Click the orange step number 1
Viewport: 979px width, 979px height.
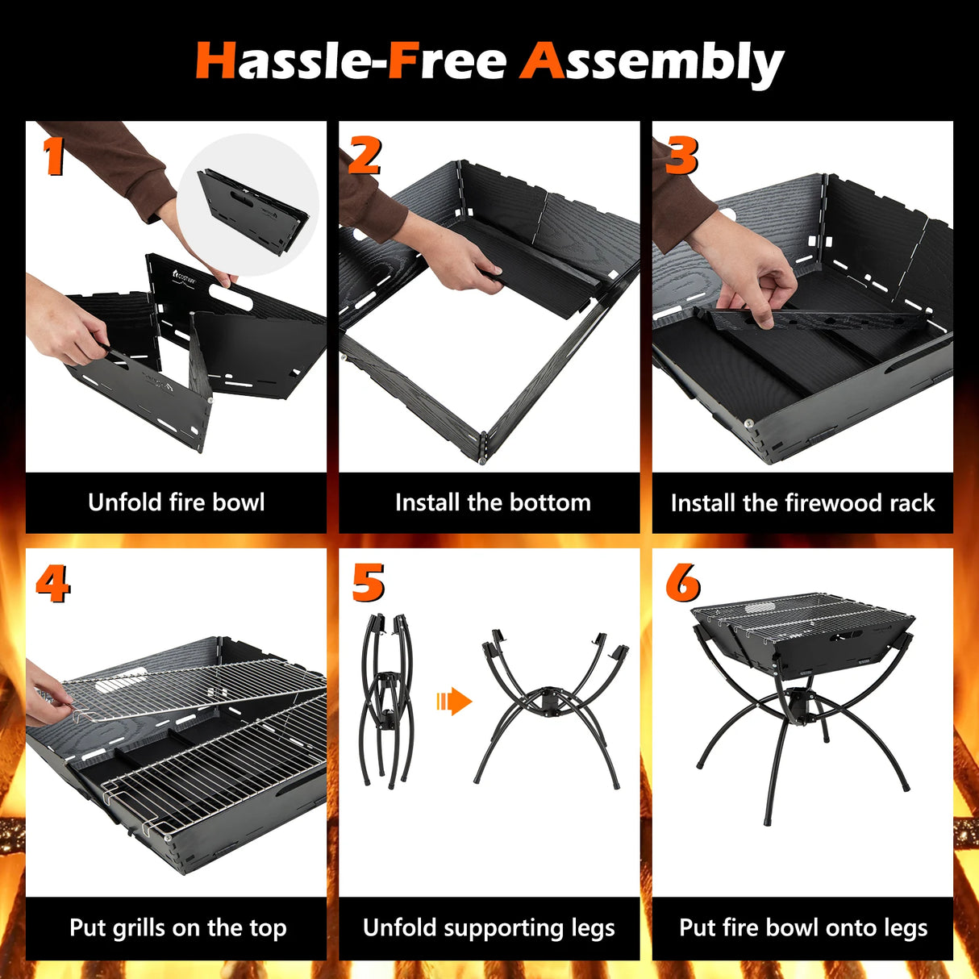tap(53, 156)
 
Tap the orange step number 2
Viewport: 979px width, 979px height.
tap(365, 156)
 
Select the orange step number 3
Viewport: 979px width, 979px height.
tap(681, 156)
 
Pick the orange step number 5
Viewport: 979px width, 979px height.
tap(369, 583)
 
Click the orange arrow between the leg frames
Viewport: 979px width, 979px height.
tap(454, 702)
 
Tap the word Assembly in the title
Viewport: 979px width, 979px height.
tap(652, 64)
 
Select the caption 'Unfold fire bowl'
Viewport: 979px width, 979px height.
tap(177, 502)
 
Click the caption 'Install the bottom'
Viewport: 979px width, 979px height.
tap(493, 502)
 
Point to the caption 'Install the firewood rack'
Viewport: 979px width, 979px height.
tap(802, 503)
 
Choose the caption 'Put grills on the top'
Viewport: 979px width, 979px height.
tap(177, 927)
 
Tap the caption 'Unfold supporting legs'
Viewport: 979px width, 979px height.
tap(489, 927)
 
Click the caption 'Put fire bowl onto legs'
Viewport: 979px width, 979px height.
tap(803, 927)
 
